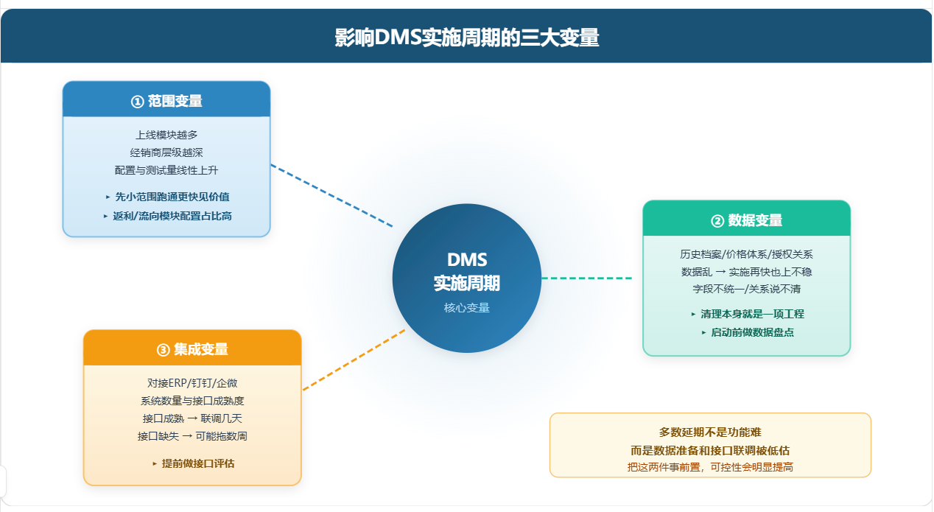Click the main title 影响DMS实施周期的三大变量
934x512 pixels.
coord(467,38)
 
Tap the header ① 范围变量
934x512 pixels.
coord(166,101)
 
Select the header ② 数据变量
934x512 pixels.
coord(746,220)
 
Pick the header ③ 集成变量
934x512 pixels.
coord(192,349)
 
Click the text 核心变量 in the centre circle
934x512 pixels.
coord(466,308)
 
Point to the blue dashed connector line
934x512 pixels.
coord(332,195)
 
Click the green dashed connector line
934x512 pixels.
coord(587,278)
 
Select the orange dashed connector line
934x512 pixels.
coord(354,360)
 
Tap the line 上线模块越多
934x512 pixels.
coord(166,135)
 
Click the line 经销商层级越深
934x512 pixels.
coord(166,152)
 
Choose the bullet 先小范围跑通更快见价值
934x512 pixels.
coord(168,197)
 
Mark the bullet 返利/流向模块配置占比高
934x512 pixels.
coord(168,216)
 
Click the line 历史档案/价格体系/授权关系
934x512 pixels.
coord(746,254)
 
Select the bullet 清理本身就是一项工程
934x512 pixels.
coord(747,314)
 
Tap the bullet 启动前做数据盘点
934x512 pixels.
coord(748,332)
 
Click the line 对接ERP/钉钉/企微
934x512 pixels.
coord(192,383)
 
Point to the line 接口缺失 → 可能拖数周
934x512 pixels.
coord(192,436)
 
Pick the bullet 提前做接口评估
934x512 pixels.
coord(194,463)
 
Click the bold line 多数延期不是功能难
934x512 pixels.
coord(710,432)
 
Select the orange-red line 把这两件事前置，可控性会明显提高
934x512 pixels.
coord(710,467)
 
